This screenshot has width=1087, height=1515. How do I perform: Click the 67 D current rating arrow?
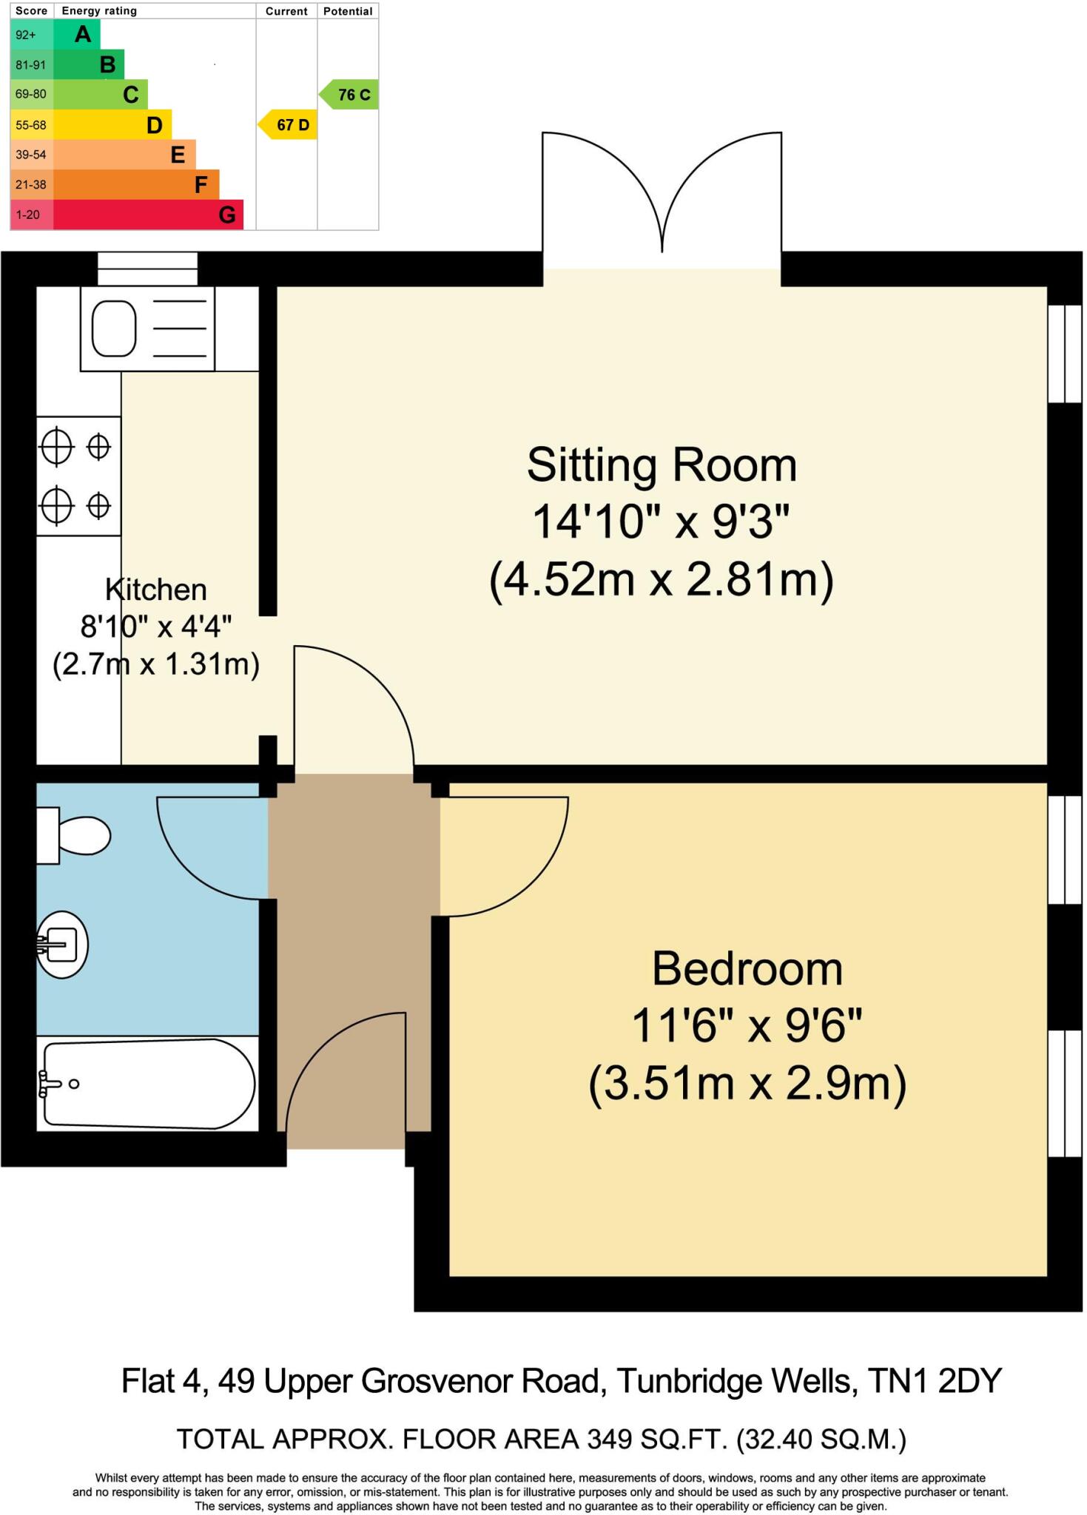[289, 125]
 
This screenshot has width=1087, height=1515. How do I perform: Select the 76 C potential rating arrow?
[351, 95]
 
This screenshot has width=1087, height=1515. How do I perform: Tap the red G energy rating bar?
[148, 215]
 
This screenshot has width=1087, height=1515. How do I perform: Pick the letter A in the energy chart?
[83, 34]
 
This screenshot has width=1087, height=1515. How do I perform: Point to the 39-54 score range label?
[31, 155]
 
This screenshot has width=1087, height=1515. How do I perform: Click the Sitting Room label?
[662, 466]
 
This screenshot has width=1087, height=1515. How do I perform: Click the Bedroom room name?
[747, 969]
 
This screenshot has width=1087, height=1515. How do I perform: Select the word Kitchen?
[156, 590]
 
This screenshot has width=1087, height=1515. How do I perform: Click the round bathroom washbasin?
[64, 945]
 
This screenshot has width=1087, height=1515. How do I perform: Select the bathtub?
[148, 1085]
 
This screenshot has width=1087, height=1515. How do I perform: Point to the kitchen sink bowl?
[114, 328]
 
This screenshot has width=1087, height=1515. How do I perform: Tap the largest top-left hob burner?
[57, 447]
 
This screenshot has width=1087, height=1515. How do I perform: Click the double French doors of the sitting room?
[662, 200]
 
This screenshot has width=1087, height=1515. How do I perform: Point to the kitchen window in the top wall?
[148, 269]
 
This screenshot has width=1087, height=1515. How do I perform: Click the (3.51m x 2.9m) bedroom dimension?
[747, 1084]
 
